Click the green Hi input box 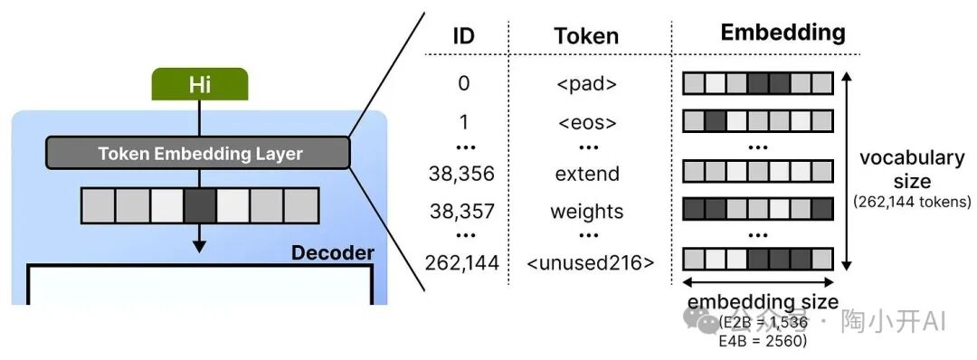[x=199, y=85]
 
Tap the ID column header [x=463, y=35]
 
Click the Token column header [x=586, y=35]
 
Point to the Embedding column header [x=783, y=33]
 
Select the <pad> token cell [x=586, y=84]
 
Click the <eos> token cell [x=586, y=122]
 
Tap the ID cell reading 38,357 [x=463, y=211]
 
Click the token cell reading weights [x=586, y=211]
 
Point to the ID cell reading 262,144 [x=463, y=262]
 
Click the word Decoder [x=332, y=252]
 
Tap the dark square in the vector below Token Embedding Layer [x=199, y=205]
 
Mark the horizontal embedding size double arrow [x=756, y=281]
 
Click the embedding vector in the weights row [x=756, y=210]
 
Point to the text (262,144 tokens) [x=912, y=202]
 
